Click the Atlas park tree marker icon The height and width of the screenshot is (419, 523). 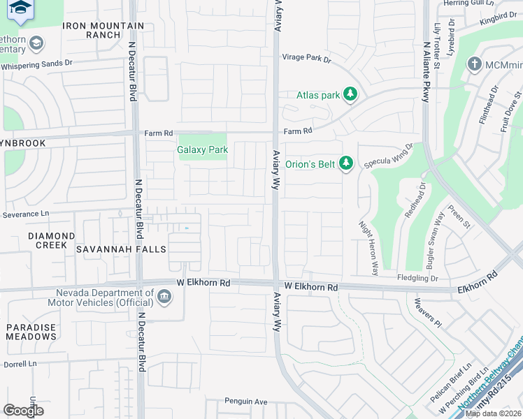(x=350, y=95)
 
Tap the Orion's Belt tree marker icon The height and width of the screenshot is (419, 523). (x=345, y=163)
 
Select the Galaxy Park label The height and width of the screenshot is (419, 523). (x=203, y=149)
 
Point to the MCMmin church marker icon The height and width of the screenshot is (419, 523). (x=475, y=65)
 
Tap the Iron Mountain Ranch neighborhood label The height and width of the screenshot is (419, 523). (x=103, y=31)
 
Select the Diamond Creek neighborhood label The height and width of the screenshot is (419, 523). (x=51, y=241)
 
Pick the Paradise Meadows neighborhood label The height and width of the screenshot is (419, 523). (x=31, y=332)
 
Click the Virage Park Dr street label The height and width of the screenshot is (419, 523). (x=306, y=59)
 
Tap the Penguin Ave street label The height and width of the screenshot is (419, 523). (x=246, y=402)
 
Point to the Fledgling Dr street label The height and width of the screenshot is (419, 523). (x=434, y=279)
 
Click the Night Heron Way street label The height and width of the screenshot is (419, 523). (x=368, y=247)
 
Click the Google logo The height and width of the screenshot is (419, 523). (x=23, y=411)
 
